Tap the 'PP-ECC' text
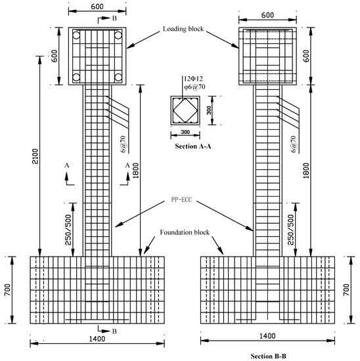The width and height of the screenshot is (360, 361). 183,203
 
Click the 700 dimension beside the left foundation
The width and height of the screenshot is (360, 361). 9,289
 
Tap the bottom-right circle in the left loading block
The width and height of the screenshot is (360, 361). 119,77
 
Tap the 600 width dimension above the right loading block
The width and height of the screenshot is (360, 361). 267,14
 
